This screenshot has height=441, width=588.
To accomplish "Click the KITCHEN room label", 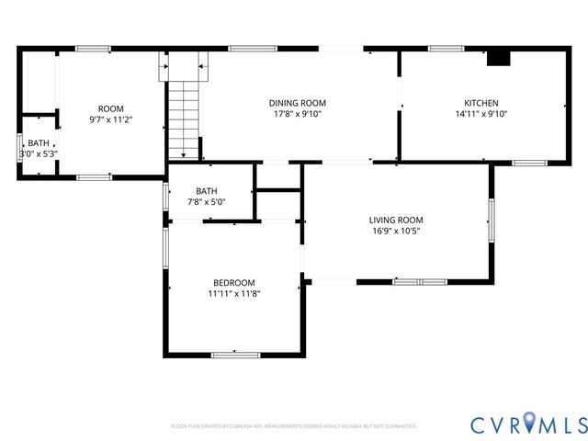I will (x=481, y=103).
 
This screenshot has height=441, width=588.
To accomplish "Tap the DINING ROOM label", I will (x=297, y=103).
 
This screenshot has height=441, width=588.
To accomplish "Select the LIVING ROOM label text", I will (x=395, y=220).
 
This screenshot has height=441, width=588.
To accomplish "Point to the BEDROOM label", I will (x=234, y=282).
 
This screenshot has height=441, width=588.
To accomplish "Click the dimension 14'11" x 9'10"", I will (x=481, y=114).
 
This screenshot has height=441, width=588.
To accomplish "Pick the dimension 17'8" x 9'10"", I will (x=297, y=114).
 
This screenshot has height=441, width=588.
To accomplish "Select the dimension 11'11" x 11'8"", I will (x=234, y=294).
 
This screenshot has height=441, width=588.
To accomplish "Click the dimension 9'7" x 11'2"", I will (x=111, y=119).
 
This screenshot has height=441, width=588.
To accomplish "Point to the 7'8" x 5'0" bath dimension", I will (x=207, y=202).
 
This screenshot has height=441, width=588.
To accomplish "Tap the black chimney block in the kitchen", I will (x=498, y=58).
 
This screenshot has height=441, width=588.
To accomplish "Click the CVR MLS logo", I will (x=527, y=424).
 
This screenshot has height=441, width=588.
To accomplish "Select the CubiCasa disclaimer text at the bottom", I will (x=294, y=426).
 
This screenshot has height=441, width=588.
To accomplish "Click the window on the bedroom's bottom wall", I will (x=236, y=354).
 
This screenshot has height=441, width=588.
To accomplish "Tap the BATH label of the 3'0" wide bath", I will (x=38, y=142).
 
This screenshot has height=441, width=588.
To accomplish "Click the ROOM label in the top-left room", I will (x=111, y=108).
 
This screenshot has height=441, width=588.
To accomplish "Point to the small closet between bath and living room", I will (x=278, y=205).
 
